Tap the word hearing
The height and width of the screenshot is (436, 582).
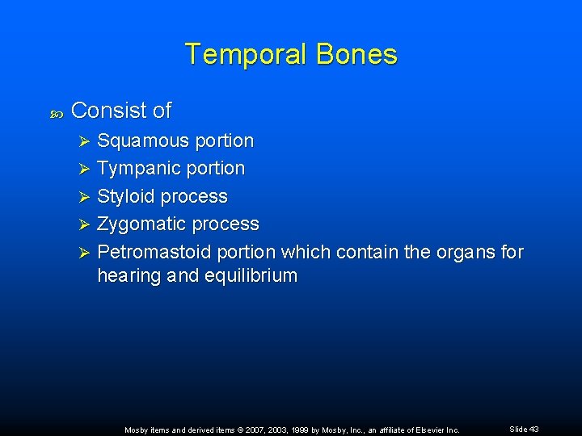tap(128, 276)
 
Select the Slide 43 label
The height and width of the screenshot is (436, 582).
tap(524, 430)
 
